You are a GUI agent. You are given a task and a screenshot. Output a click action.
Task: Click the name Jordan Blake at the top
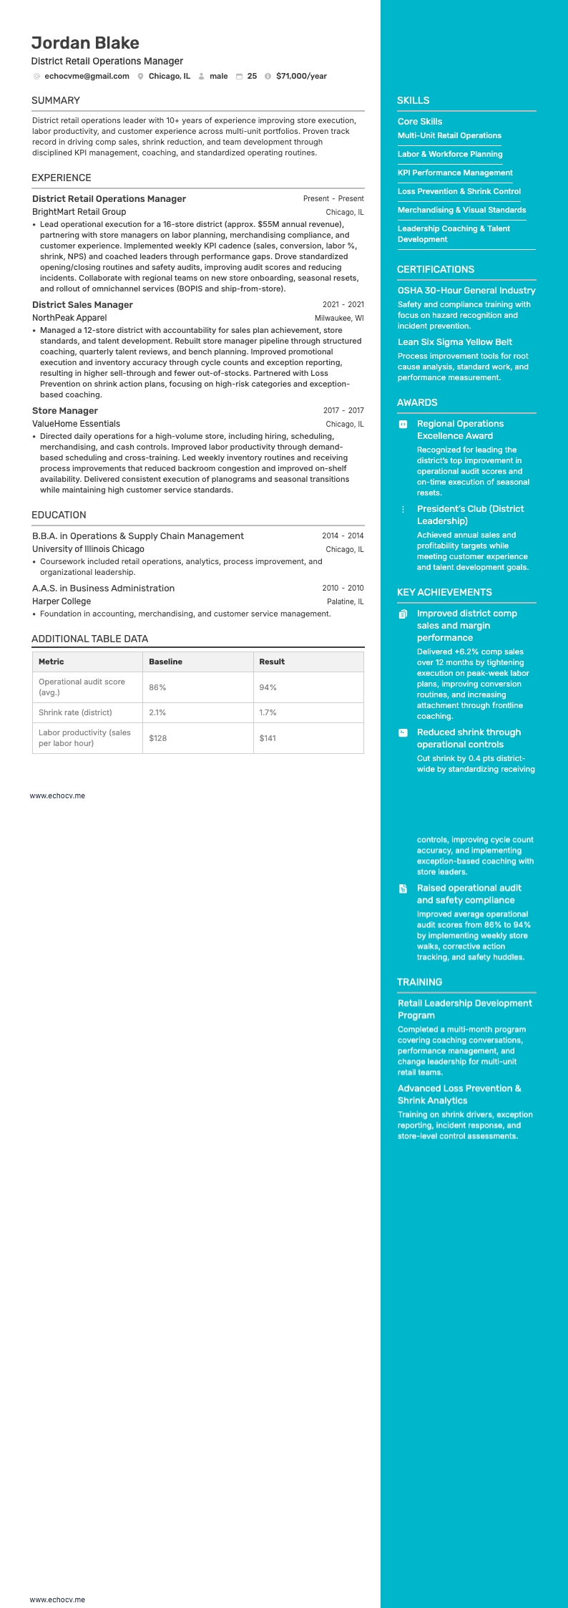(85, 43)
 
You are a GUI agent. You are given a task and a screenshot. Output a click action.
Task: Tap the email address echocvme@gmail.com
(87, 76)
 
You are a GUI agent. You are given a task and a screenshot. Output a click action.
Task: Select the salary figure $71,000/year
(301, 76)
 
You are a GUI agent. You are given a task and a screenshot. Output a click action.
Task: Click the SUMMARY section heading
(56, 100)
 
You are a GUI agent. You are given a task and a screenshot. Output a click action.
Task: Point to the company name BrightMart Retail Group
(79, 212)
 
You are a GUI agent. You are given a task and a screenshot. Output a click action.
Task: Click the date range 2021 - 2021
(343, 305)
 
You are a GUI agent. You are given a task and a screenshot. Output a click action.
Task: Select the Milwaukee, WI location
(339, 319)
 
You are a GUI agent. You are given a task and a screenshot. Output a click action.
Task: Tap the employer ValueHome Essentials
(76, 424)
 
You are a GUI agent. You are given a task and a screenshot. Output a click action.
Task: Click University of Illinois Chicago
(88, 549)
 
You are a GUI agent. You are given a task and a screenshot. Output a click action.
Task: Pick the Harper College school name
(62, 601)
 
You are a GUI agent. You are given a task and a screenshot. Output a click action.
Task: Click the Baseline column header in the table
(165, 662)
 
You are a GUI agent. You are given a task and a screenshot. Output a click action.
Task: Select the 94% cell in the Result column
(268, 687)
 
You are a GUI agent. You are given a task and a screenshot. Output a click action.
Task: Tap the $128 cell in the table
(157, 738)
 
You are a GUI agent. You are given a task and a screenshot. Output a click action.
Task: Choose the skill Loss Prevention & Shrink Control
(459, 191)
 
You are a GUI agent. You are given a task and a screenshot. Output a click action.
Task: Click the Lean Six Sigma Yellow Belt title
(455, 342)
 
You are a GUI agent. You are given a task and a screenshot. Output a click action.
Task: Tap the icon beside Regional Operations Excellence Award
(403, 424)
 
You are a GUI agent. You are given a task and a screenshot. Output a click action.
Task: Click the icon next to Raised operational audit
(403, 888)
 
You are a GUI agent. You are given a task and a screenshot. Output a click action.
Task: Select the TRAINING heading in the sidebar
(419, 982)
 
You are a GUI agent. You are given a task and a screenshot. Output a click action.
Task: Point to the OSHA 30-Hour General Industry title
(466, 291)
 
